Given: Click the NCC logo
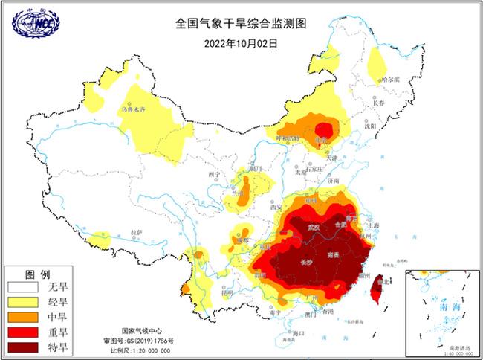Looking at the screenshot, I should pos(36,23).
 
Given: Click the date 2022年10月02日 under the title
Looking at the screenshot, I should pos(241,43).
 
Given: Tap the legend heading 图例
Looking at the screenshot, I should pos(37,273).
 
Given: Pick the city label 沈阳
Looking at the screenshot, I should pos(371,126).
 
